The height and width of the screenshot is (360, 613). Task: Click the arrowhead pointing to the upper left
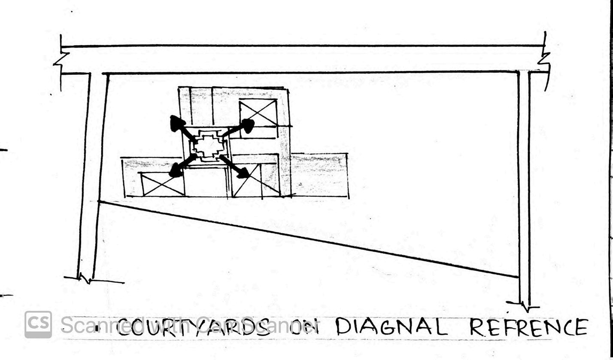click(x=176, y=123)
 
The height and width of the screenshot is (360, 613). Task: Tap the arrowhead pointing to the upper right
click(x=248, y=125)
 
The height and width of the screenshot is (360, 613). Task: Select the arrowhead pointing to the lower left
click(x=176, y=171)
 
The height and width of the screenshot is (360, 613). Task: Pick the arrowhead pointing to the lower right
click(x=243, y=173)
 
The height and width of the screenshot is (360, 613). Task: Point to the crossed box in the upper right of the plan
click(x=258, y=113)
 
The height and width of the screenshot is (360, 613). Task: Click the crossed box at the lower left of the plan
click(x=163, y=184)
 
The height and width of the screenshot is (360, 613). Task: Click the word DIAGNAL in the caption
click(x=391, y=327)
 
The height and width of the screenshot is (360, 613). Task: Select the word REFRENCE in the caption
click(x=528, y=327)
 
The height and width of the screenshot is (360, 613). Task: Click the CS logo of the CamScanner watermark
click(x=38, y=324)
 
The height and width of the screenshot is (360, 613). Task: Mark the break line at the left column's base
click(x=86, y=280)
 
